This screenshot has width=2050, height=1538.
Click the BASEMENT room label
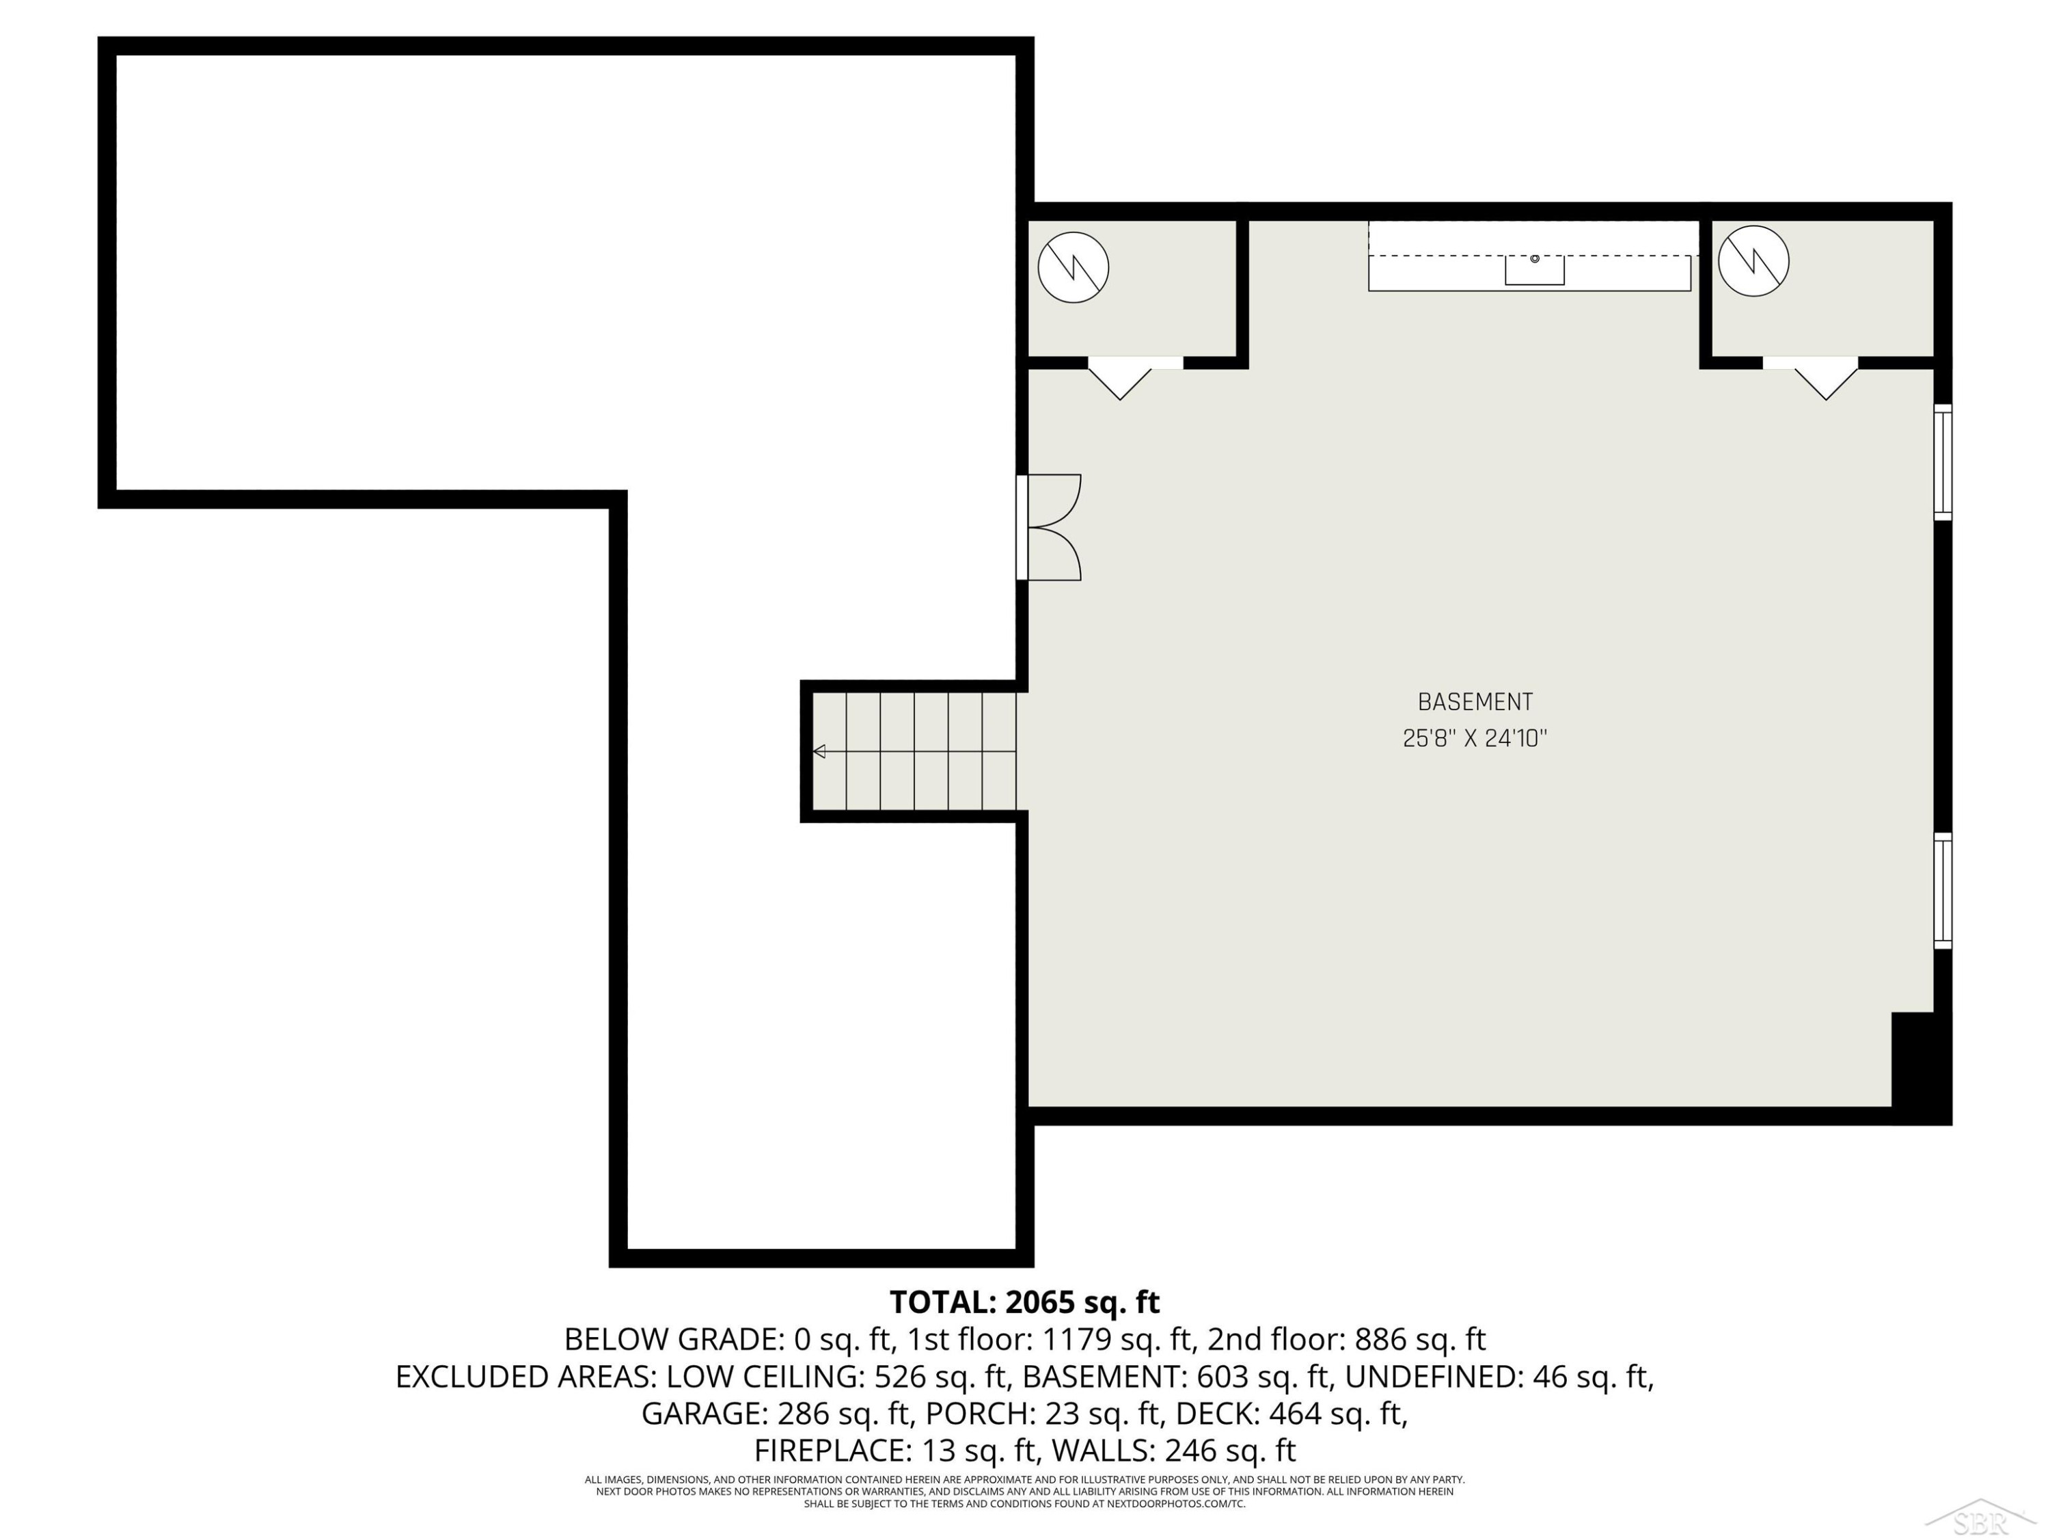tap(1475, 702)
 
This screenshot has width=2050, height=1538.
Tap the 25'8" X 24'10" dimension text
tap(1475, 738)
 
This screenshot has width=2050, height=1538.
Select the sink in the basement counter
tap(1535, 270)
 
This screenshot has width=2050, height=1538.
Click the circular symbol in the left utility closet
tap(1074, 267)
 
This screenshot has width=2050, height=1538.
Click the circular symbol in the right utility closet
tap(1753, 260)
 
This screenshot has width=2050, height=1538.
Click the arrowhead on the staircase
tap(819, 751)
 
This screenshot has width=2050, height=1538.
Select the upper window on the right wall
tap(1943, 461)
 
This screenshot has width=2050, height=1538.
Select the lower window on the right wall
tap(1943, 891)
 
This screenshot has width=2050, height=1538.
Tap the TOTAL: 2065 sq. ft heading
tap(1025, 1303)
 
